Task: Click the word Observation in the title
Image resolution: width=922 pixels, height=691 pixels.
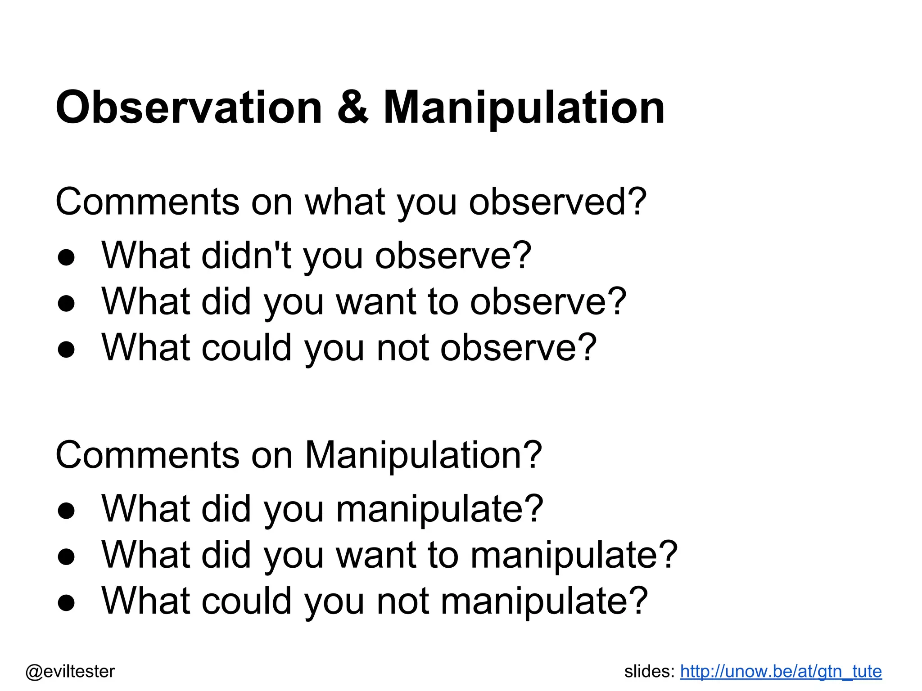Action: pos(189,108)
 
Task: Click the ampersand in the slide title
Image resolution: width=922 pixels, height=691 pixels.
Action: pos(353,108)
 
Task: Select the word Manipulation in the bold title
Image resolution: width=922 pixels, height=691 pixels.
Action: pos(524,108)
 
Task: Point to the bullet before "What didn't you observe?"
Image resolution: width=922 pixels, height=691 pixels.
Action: pos(66,258)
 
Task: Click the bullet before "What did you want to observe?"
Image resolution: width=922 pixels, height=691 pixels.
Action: pos(66,304)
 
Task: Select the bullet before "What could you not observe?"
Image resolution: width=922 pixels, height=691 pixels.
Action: pos(66,350)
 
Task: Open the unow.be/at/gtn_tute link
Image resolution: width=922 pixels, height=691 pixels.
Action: pos(781,671)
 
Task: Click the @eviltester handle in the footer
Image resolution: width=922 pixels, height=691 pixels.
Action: pos(70,671)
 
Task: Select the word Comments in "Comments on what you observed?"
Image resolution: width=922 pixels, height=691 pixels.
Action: pos(147,202)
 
